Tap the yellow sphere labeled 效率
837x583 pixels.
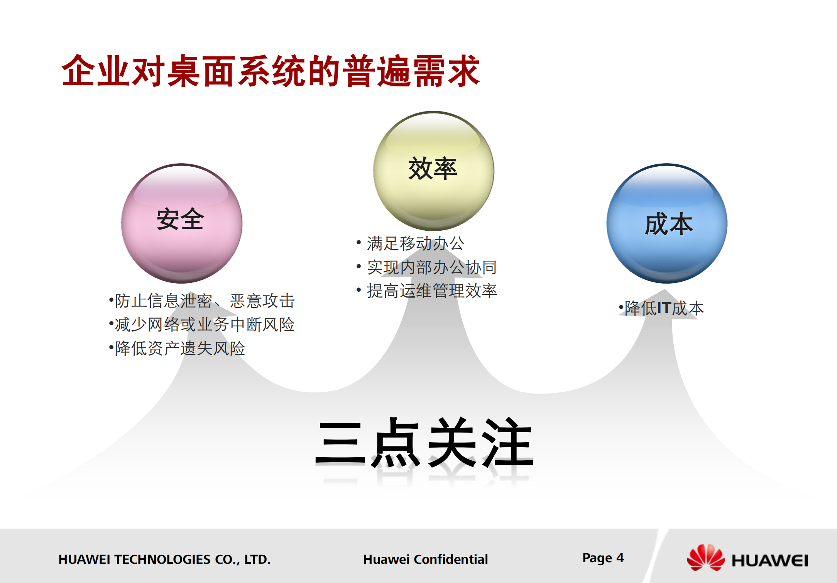[x=433, y=171]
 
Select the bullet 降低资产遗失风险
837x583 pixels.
[x=178, y=348]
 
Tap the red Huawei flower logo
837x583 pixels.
[x=706, y=558]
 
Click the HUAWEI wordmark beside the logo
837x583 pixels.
[x=769, y=560]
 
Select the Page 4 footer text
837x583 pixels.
[x=603, y=558]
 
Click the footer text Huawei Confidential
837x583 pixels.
[x=425, y=559]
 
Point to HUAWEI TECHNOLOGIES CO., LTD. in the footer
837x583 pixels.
[x=164, y=559]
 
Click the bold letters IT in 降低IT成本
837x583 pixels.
[x=663, y=308]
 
